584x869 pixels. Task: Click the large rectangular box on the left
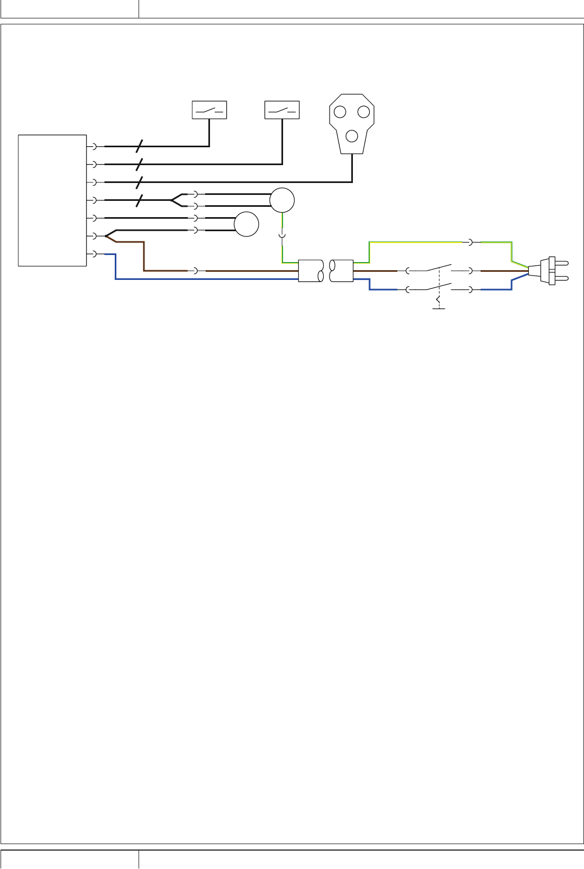point(53,200)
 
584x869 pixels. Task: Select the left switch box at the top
point(209,110)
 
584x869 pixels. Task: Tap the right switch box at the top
point(282,110)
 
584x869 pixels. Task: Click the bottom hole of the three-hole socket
point(352,136)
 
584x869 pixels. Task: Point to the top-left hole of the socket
point(340,112)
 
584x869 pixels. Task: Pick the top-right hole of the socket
point(364,112)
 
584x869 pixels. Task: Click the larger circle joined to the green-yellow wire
point(282,200)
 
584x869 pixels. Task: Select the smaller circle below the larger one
point(246,224)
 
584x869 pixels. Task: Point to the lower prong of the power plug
point(562,278)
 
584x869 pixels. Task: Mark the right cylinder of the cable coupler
point(342,271)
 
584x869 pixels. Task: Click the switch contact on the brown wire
point(438,267)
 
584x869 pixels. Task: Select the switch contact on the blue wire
point(438,286)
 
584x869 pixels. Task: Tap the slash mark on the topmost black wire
point(139,146)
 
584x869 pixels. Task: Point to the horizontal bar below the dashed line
point(438,309)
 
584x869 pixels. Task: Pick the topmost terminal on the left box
point(94,146)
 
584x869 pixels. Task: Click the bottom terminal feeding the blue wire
point(94,253)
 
